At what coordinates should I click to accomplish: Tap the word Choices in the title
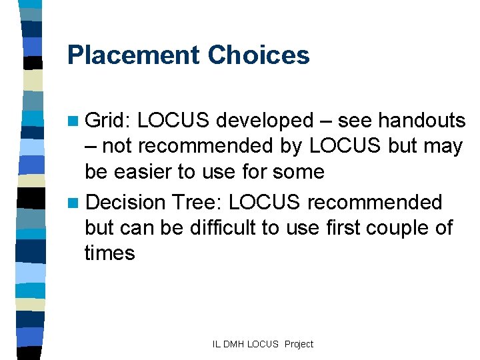coord(259,55)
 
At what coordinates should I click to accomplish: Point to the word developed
coord(265,121)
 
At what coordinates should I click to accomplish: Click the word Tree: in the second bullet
coord(192,202)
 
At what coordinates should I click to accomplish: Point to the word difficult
coord(218,227)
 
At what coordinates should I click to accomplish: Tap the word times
coord(109,253)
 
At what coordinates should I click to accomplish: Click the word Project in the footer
coord(298,345)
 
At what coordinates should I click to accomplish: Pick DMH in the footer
coord(234,345)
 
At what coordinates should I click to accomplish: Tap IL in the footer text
coord(217,345)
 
